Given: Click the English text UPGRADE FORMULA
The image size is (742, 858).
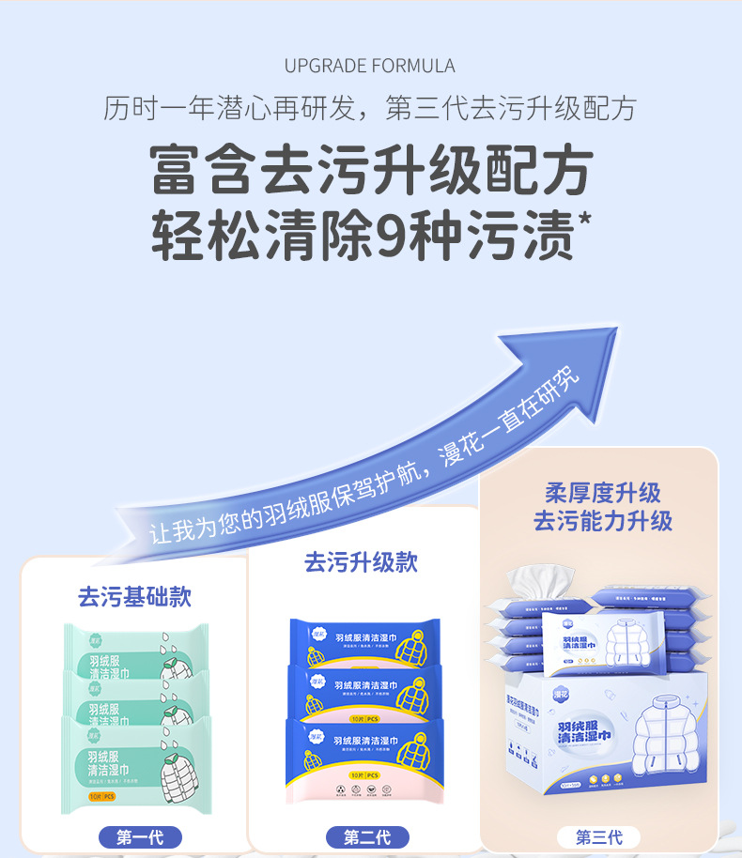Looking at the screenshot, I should [x=370, y=66].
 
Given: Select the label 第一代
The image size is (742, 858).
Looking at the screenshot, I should [x=139, y=837].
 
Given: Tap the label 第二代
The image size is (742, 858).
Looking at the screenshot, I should [x=367, y=837].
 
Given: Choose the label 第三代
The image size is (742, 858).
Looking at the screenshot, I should [x=597, y=837].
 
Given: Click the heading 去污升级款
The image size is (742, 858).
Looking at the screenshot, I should [x=361, y=562].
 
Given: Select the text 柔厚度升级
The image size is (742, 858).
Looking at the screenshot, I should [x=602, y=493].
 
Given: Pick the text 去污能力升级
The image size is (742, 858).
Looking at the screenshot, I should [x=602, y=522].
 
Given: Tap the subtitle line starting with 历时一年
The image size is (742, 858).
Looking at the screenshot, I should [x=370, y=109].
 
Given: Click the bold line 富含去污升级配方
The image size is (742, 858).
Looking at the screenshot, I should [x=370, y=171].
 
